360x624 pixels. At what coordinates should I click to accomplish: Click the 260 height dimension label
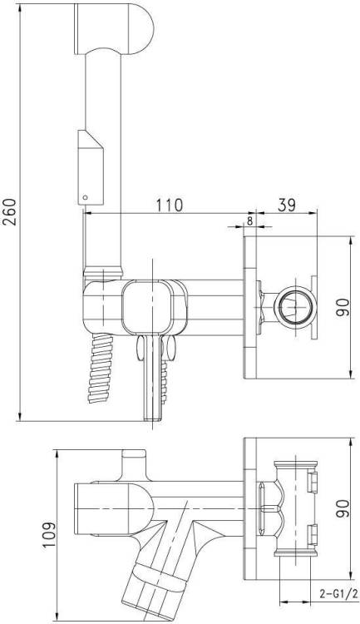[9, 211]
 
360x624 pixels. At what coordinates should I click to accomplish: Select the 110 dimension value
[169, 205]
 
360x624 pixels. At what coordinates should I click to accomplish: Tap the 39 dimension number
[286, 205]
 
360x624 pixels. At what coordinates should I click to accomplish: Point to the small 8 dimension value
[249, 220]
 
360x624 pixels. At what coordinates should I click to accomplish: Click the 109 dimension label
[49, 534]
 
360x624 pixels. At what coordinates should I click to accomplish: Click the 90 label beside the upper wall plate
[342, 307]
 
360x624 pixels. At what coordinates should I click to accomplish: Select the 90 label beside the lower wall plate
[342, 508]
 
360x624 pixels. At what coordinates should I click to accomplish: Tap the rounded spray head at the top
[114, 28]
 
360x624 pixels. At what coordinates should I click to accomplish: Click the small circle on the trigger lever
[84, 196]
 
